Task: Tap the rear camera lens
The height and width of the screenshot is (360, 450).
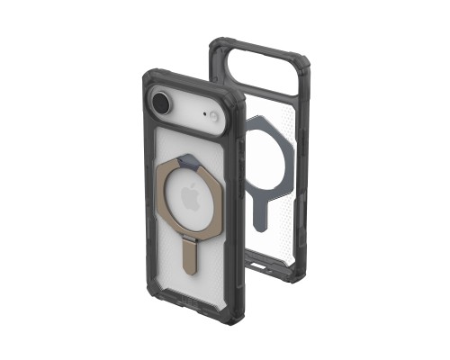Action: tap(162, 103)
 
